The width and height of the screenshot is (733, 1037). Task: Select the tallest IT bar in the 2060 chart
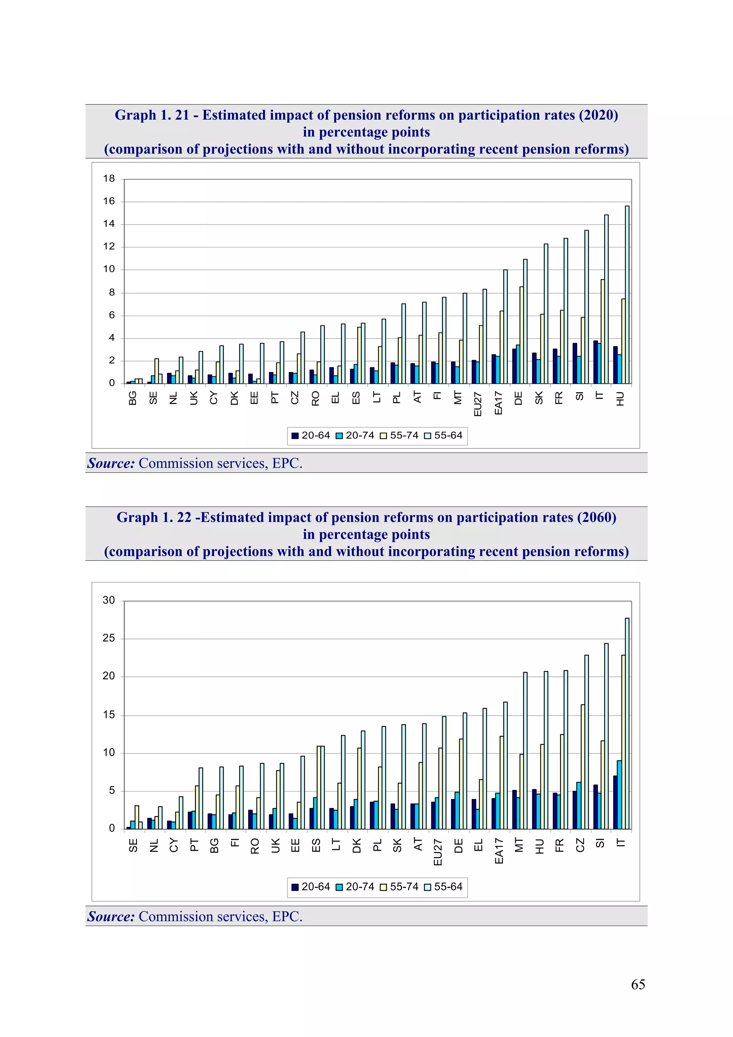tap(627, 723)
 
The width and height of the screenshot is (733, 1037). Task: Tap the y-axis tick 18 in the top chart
tap(109, 178)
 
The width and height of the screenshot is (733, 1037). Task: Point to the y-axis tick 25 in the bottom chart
tap(109, 638)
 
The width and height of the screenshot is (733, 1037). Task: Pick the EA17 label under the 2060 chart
tap(499, 851)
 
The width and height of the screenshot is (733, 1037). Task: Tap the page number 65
tap(638, 984)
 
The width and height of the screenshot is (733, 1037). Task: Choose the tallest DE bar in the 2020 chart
tap(525, 321)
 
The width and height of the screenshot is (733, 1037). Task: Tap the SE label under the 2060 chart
tap(133, 845)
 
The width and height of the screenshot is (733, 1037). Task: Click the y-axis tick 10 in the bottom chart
tap(109, 752)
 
